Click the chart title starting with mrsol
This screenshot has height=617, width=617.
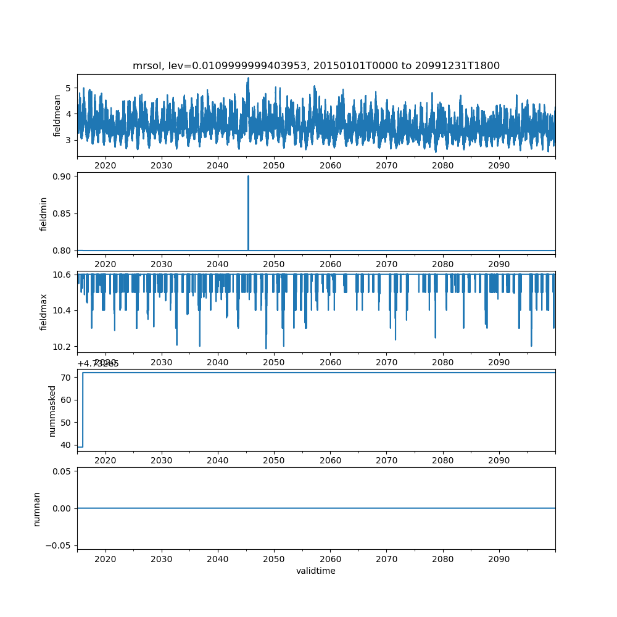click(x=316, y=65)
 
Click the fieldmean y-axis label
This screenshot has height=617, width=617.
click(x=57, y=115)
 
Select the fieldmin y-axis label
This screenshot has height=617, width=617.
click(x=43, y=213)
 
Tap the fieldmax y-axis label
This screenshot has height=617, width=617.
click(x=43, y=311)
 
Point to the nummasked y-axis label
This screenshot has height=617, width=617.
click(x=52, y=410)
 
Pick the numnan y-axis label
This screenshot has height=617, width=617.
click(x=36, y=508)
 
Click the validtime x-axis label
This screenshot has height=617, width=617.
click(x=316, y=571)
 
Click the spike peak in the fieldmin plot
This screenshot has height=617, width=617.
click(x=248, y=176)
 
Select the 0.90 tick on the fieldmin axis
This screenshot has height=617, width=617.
click(x=63, y=176)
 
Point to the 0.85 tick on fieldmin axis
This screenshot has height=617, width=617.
click(x=63, y=213)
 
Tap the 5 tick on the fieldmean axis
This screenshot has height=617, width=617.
click(x=69, y=88)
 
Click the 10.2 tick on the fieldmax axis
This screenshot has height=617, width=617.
click(x=64, y=346)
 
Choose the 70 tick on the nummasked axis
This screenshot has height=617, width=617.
click(x=67, y=377)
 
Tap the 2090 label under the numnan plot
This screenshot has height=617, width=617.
click(x=499, y=558)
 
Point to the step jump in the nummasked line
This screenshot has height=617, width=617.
click(x=83, y=410)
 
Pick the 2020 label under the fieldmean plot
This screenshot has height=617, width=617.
click(x=106, y=166)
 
